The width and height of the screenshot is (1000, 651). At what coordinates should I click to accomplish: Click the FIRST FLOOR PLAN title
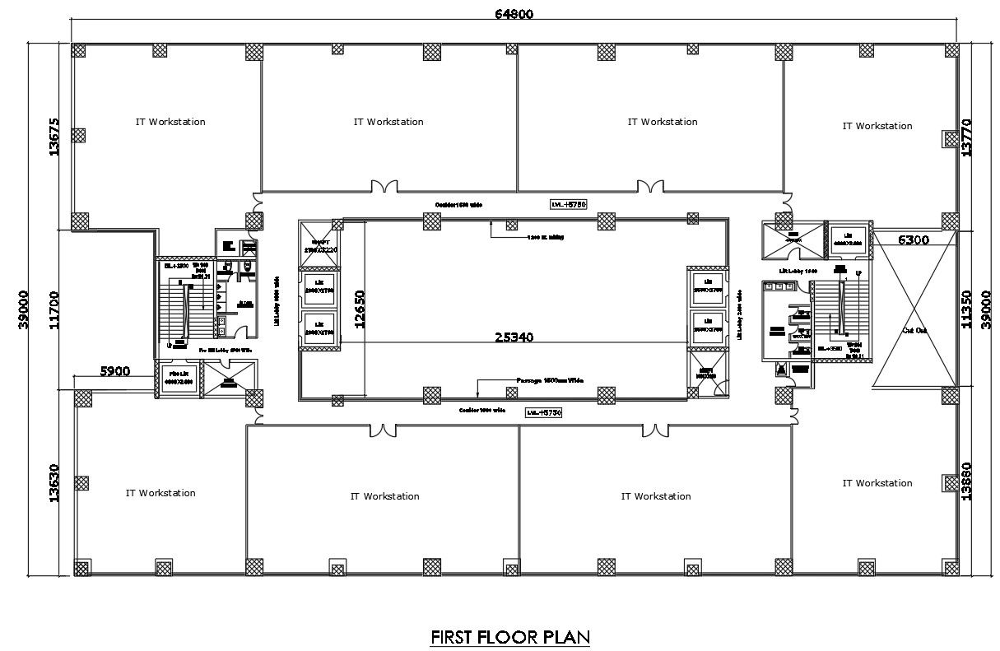510,636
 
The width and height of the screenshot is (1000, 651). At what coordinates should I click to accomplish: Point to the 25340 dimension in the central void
516,337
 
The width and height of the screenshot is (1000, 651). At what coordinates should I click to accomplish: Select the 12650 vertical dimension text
359,309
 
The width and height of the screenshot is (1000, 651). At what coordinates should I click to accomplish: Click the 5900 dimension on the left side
115,371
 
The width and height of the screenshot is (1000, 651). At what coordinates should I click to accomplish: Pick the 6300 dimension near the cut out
913,240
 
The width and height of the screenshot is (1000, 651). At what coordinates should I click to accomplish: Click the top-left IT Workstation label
170,122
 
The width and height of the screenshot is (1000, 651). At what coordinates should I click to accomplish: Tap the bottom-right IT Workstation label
877,483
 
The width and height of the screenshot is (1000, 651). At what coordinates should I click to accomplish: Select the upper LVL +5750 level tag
568,203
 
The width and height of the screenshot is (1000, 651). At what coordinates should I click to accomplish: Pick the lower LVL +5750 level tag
544,412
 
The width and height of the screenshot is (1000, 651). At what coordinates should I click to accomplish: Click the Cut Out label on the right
914,330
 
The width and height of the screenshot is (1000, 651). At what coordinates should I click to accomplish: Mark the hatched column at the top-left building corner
79,50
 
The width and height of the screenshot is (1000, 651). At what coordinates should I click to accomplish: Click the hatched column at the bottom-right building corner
951,567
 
